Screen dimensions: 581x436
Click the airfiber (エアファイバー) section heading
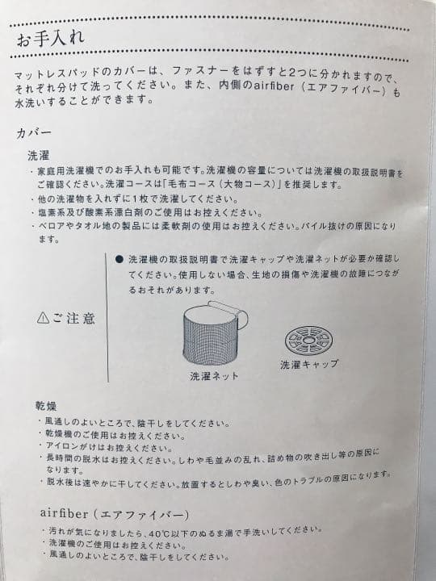point(114,513)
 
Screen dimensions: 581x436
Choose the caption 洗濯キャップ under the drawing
point(309,365)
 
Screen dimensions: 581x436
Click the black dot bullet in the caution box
point(119,261)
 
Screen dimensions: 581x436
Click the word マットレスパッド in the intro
point(48,75)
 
